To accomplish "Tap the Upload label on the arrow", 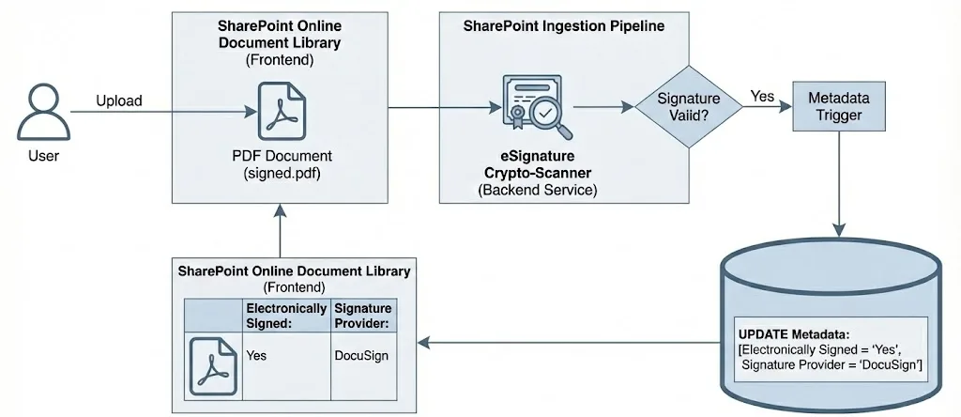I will tap(118, 100).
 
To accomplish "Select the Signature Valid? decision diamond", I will tap(689, 107).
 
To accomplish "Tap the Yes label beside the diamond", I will tap(762, 96).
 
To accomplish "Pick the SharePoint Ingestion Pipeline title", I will tap(563, 26).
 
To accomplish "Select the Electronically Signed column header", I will tap(285, 315).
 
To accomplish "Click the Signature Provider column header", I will tap(362, 315).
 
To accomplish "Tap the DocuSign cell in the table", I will tap(361, 356).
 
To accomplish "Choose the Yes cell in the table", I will tap(256, 356).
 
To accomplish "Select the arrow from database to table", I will tap(563, 343).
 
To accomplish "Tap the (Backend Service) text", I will tap(530, 191).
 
